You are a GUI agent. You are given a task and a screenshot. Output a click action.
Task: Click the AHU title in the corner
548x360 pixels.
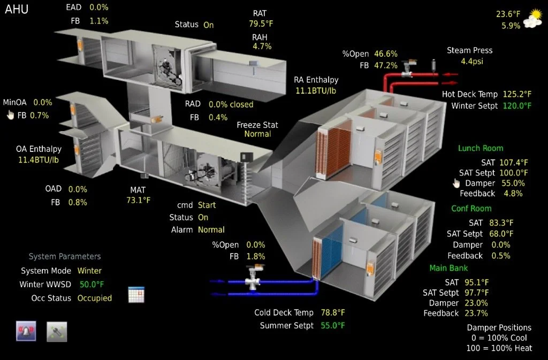pos(17,9)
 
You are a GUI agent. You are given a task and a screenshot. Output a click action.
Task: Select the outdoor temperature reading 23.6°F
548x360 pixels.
pos(508,14)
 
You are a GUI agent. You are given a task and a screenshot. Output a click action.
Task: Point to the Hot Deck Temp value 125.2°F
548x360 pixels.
pos(517,94)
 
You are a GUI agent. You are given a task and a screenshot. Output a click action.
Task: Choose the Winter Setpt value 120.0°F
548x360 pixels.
pos(517,106)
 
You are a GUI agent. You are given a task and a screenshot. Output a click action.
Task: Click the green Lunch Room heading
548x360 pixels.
pos(481,148)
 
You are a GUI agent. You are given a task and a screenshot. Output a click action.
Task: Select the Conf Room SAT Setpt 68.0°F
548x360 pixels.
pos(501,234)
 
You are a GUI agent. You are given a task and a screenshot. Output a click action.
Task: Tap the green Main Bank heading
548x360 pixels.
pos(448,268)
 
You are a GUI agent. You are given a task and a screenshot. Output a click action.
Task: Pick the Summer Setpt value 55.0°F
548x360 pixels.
pos(333,325)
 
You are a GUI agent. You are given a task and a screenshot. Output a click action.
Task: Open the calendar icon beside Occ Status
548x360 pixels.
pos(136,295)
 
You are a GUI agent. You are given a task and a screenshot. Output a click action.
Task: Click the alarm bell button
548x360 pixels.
pos(26,332)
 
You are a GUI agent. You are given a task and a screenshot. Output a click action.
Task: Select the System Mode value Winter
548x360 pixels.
pos(89,271)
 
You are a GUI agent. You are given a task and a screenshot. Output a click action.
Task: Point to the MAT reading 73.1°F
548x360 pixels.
pos(139,200)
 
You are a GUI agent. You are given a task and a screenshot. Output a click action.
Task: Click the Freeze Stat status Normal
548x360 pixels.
pos(257,134)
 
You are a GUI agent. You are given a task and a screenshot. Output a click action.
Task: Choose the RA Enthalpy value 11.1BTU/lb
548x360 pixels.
pos(316,91)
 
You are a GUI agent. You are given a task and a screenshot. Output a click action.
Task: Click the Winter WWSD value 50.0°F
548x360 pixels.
pos(92,284)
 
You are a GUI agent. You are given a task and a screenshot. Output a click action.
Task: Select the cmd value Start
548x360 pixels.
pos(207,205)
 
